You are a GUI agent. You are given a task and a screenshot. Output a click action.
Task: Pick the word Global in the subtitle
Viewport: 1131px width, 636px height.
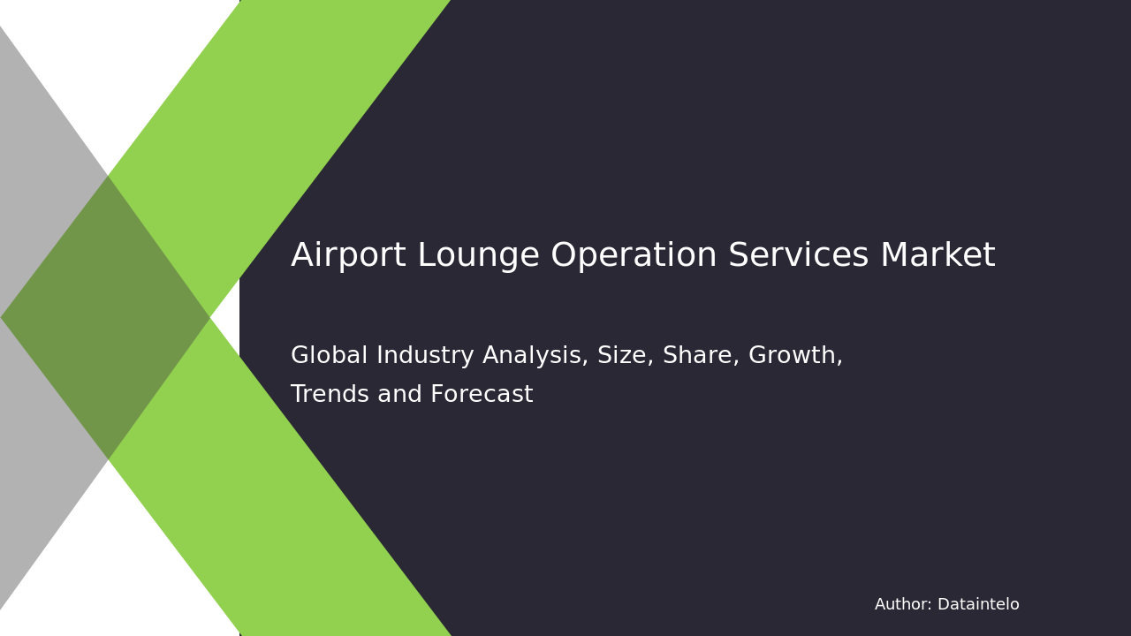pyautogui.click(x=328, y=356)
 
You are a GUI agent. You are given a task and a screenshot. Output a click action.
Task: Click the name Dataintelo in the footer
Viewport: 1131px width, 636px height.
pyautogui.click(x=978, y=605)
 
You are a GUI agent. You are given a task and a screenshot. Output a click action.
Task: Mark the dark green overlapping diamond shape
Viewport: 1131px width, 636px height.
pyautogui.click(x=106, y=317)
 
